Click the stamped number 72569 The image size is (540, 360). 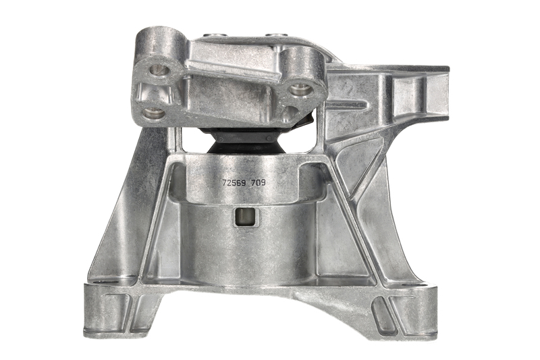[234, 183]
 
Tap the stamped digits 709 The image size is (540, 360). [259, 183]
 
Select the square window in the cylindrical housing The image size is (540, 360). [246, 217]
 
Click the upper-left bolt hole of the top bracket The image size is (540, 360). [159, 71]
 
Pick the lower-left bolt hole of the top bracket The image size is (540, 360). [152, 112]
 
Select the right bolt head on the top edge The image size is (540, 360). [275, 35]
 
